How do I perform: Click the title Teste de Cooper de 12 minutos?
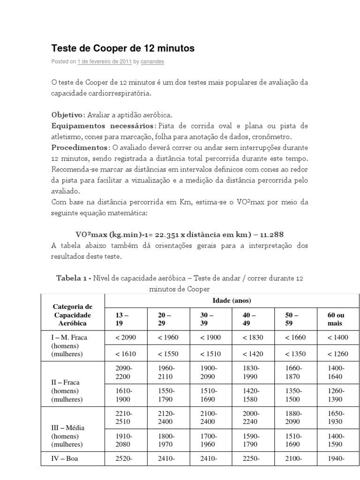(122, 48)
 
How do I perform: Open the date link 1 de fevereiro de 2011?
(104, 61)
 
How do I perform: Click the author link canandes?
(153, 61)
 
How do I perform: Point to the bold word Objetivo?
(67, 115)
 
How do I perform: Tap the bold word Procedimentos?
(80, 147)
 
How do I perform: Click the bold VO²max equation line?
(180, 234)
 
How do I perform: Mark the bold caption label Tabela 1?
(73, 278)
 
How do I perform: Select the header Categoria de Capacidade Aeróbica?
(73, 315)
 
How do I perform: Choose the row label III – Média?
(69, 427)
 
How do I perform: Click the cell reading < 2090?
(125, 337)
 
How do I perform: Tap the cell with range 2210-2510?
(124, 417)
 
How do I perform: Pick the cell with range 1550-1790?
(167, 395)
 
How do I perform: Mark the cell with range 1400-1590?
(337, 440)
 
